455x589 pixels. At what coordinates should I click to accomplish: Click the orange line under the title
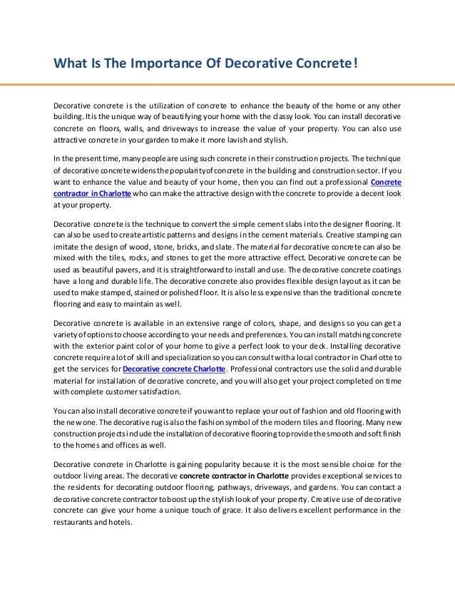pos(227,85)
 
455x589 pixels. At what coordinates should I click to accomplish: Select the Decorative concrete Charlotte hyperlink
pos(175,369)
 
